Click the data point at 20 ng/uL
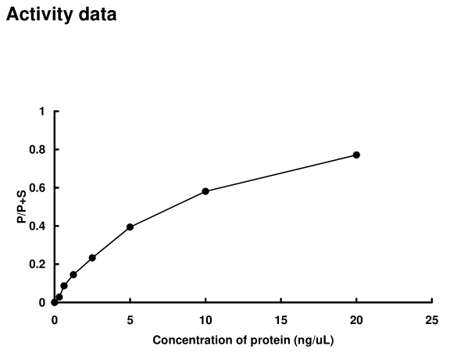point(356,155)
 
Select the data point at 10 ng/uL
point(205,191)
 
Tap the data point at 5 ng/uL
point(130,227)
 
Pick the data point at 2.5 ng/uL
point(92,258)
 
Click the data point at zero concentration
point(54,302)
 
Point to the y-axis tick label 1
point(41,112)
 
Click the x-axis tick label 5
point(130,320)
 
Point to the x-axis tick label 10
point(205,320)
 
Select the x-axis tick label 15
point(281,320)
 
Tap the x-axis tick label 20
point(356,320)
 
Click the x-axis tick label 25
point(432,320)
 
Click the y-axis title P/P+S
point(21,207)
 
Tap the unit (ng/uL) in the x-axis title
point(317,340)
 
